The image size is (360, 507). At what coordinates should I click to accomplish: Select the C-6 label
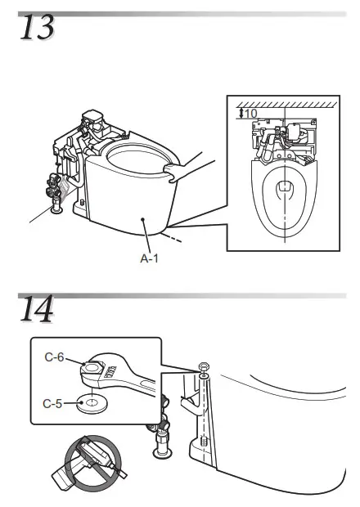tap(55, 358)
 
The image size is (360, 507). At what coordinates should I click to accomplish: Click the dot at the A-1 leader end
tap(143, 219)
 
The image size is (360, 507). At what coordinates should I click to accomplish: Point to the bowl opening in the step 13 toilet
tap(131, 155)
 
